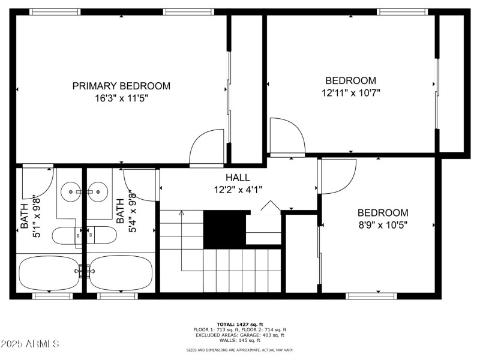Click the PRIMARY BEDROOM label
pyautogui.click(x=121, y=86)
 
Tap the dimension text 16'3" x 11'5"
pyautogui.click(x=121, y=98)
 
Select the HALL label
pyautogui.click(x=238, y=178)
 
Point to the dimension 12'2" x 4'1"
pyautogui.click(x=238, y=189)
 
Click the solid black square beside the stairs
pyautogui.click(x=224, y=228)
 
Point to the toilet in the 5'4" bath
pyautogui.click(x=102, y=235)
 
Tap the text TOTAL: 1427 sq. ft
pyautogui.click(x=240, y=324)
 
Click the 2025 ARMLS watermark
pyautogui.click(x=30, y=344)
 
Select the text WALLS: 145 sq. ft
pyautogui.click(x=240, y=340)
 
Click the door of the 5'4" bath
pyautogui.click(x=142, y=183)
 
